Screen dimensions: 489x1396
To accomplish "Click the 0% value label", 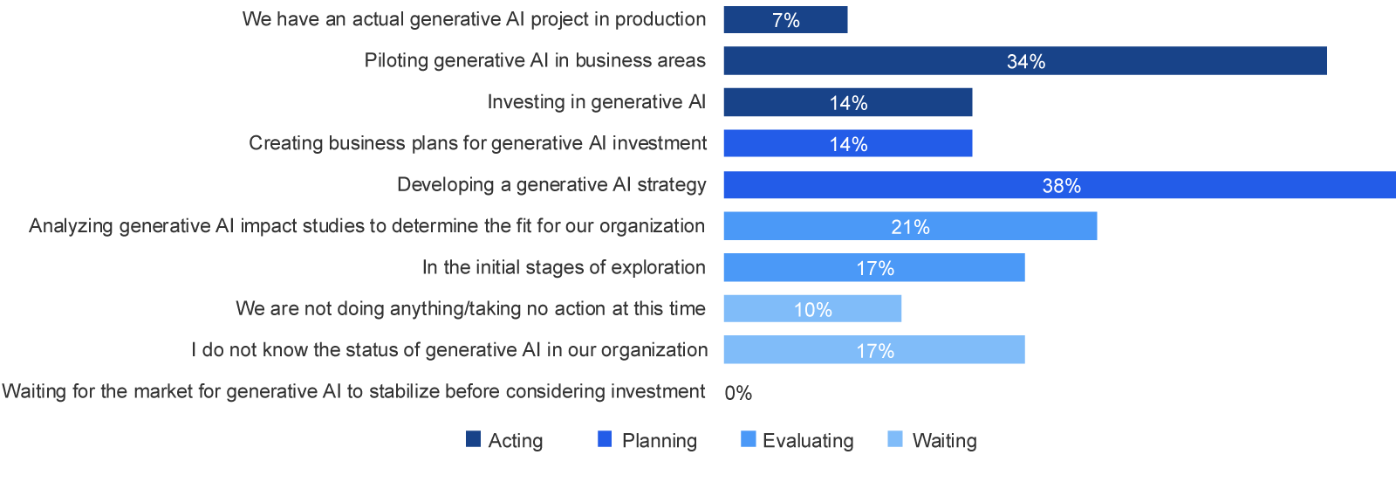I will pyautogui.click(x=738, y=393).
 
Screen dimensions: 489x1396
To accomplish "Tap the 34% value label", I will pyautogui.click(x=1026, y=62).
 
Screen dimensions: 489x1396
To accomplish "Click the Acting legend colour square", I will pyautogui.click(x=473, y=439).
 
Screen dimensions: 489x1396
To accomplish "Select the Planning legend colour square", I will pyautogui.click(x=605, y=439).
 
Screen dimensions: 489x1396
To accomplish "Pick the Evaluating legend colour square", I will pyautogui.click(x=748, y=439).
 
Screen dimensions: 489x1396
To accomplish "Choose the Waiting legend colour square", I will pyautogui.click(x=894, y=439).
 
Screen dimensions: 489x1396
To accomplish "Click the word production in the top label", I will pyautogui.click(x=660, y=19).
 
